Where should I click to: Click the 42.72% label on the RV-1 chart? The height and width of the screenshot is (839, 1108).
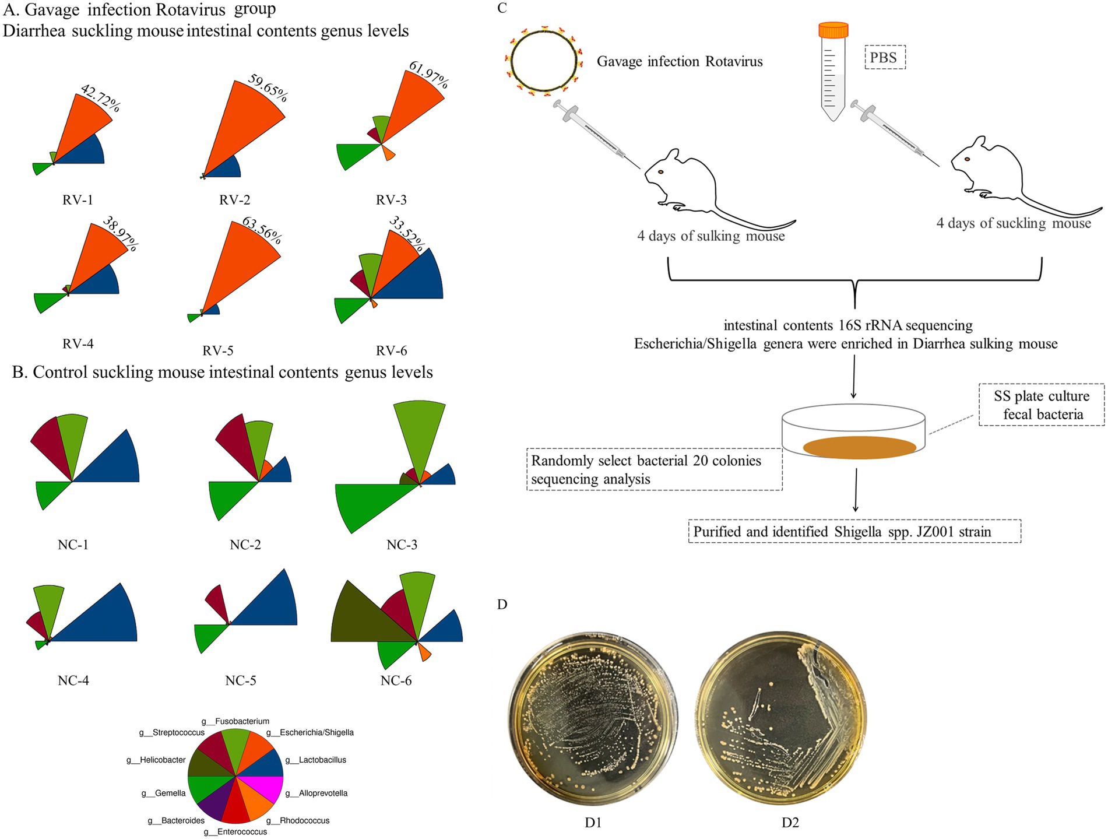pos(101,98)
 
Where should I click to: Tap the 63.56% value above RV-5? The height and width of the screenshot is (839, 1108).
pos(262,231)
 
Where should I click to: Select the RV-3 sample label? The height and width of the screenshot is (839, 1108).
pos(391,200)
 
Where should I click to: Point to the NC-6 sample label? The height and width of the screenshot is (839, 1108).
pos(396,680)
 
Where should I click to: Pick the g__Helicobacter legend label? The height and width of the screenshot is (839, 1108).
pos(156,760)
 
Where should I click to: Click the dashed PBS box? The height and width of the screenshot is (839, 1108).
pos(885,57)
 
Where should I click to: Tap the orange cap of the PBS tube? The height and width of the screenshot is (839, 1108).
pos(833,30)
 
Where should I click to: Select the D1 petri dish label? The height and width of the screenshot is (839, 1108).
pos(593,823)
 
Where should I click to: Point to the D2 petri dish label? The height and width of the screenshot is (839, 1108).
pos(790,823)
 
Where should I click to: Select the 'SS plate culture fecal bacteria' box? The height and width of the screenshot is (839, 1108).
pos(1041,405)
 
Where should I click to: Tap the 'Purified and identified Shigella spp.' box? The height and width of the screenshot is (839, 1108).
pos(854,532)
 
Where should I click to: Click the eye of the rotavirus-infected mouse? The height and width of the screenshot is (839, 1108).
pos(661,172)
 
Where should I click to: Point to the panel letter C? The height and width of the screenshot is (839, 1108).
pos(502,8)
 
